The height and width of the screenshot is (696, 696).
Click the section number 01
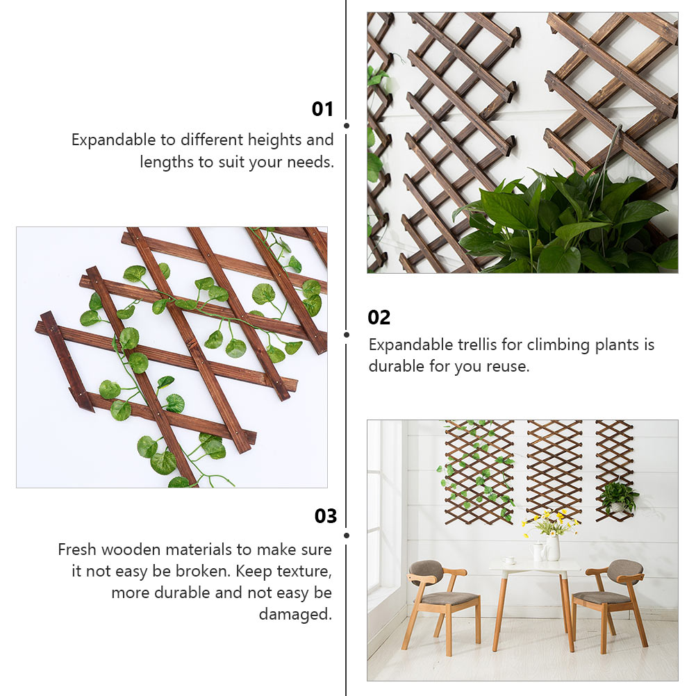[322, 109]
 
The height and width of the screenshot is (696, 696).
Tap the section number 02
[379, 317]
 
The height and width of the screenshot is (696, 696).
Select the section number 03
[325, 516]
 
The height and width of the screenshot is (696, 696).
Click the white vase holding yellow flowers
[553, 547]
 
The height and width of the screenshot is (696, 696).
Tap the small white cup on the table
[509, 560]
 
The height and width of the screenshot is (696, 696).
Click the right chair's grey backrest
[624, 570]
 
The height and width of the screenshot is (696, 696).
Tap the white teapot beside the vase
[538, 552]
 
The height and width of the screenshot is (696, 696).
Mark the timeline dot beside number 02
[347, 334]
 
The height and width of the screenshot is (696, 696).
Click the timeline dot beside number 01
[347, 126]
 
